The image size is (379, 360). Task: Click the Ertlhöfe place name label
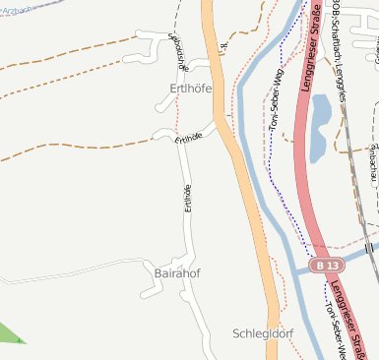coord(184,89)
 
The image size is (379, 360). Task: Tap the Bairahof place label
coord(177,272)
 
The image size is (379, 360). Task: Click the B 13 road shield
coord(327,266)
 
